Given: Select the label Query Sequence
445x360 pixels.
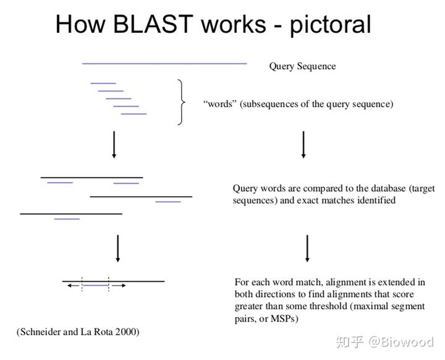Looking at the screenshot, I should (302, 66).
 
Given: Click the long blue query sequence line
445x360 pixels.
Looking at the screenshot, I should (164, 63).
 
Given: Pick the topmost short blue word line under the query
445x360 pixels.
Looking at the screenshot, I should (103, 83).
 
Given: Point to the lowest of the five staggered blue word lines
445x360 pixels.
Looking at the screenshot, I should (133, 114).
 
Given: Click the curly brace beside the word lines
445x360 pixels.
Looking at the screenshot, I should (180, 102).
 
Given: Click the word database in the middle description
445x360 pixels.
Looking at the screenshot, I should (370, 188).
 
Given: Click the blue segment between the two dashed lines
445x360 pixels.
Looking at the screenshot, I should (95, 286).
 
